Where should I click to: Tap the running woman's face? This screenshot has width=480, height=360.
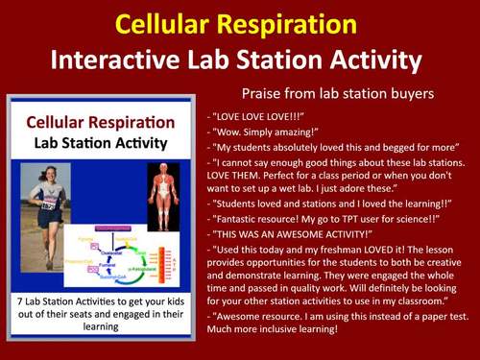point(49,176)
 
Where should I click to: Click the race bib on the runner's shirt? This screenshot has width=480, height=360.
point(48,204)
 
